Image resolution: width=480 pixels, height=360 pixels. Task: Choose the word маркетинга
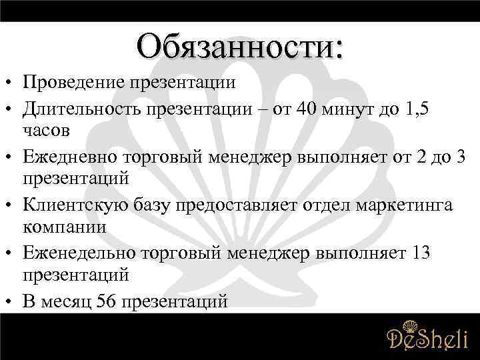pyautogui.click(x=407, y=204)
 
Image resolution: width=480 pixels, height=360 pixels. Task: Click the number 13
pyautogui.click(x=423, y=253)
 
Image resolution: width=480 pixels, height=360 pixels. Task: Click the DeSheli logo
pyautogui.click(x=427, y=337)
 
